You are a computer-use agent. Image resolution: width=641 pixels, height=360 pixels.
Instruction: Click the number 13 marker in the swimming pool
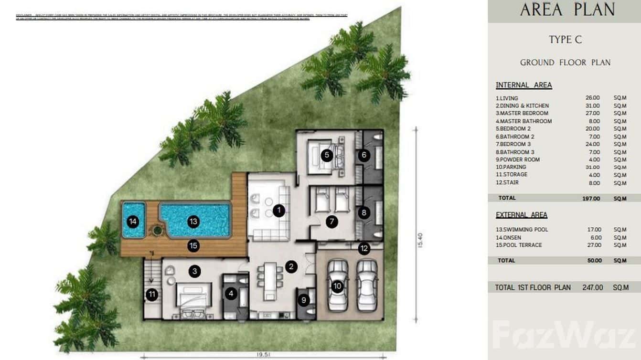[x=193, y=222]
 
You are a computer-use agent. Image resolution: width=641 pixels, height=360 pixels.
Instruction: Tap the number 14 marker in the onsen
[x=133, y=222]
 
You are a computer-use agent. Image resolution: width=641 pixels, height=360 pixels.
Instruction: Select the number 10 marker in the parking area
[x=337, y=286]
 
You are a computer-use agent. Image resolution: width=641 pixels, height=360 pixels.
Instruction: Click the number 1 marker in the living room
[x=278, y=210]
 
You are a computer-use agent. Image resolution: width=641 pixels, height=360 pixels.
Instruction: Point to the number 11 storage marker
[x=152, y=295]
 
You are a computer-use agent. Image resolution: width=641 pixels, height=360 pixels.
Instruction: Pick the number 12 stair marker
[x=364, y=248]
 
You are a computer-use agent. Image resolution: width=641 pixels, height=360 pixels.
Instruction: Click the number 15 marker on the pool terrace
[x=193, y=245]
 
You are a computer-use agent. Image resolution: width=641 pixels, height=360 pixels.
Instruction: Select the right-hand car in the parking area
[x=367, y=285]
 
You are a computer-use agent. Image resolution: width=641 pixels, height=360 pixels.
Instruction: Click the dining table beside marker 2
[x=267, y=281]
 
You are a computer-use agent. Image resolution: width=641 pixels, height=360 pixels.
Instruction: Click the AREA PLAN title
[x=567, y=10]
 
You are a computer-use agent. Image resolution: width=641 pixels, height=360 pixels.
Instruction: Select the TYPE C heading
[x=565, y=40]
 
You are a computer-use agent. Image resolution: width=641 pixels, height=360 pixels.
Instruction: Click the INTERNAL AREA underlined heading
[x=523, y=85]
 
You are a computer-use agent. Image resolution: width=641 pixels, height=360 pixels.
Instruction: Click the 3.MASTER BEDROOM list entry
[x=522, y=113]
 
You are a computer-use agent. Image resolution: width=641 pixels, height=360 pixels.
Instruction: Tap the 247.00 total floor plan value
[x=592, y=287]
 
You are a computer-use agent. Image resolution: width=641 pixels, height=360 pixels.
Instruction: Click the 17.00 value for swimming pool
[x=594, y=230]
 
